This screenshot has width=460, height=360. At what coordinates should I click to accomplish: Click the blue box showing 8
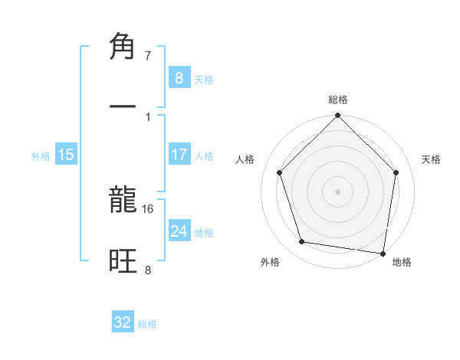(x=179, y=77)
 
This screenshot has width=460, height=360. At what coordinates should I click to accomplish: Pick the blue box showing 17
(x=179, y=155)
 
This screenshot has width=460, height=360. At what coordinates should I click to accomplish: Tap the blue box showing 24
(x=179, y=231)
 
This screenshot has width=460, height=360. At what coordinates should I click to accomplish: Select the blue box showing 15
(x=66, y=155)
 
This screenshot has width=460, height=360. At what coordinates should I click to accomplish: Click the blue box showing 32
(x=123, y=322)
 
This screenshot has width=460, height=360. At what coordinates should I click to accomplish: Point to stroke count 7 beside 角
(x=148, y=56)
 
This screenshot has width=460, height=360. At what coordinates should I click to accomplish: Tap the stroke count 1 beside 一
(x=148, y=116)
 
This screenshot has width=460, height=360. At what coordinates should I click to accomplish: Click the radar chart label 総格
(x=338, y=100)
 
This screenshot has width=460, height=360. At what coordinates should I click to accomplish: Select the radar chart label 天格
(x=432, y=159)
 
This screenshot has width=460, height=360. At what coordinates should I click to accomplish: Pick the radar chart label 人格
(x=245, y=159)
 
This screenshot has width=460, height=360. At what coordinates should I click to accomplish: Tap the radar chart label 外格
(x=270, y=262)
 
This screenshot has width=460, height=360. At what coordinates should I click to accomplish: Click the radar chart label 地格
(x=402, y=262)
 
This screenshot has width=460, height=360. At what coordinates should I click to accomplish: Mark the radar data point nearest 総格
(x=337, y=116)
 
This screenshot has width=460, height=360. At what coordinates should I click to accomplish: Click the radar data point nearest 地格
(x=383, y=253)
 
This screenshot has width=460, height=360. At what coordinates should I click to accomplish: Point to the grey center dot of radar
(x=337, y=191)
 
